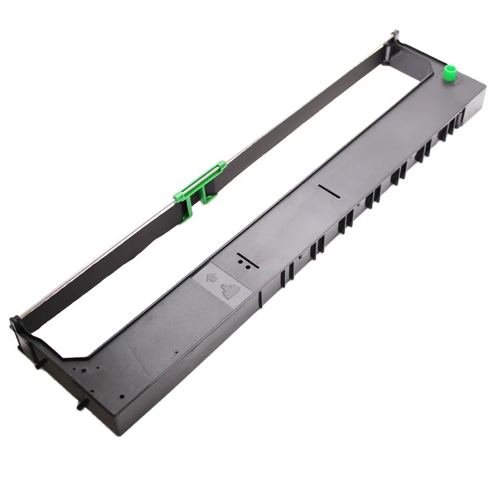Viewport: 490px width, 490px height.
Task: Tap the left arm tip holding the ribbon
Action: [17, 323]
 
